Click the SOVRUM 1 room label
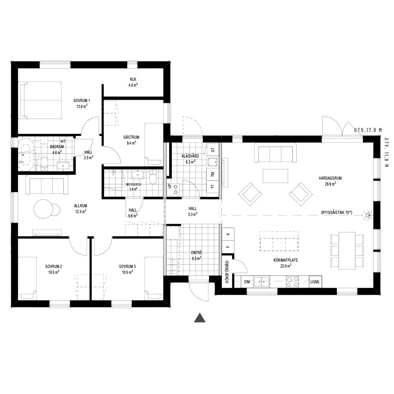82,100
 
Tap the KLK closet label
133,80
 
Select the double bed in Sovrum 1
41,100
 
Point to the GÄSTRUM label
131,137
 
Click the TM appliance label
213,175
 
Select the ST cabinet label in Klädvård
213,150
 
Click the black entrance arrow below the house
200,318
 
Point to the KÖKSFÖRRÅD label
227,272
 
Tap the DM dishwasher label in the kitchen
247,282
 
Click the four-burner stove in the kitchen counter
292,281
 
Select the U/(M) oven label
314,282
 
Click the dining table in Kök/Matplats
347,250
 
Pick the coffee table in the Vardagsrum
275,176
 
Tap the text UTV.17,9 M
368,130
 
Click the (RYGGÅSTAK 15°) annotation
337,213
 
